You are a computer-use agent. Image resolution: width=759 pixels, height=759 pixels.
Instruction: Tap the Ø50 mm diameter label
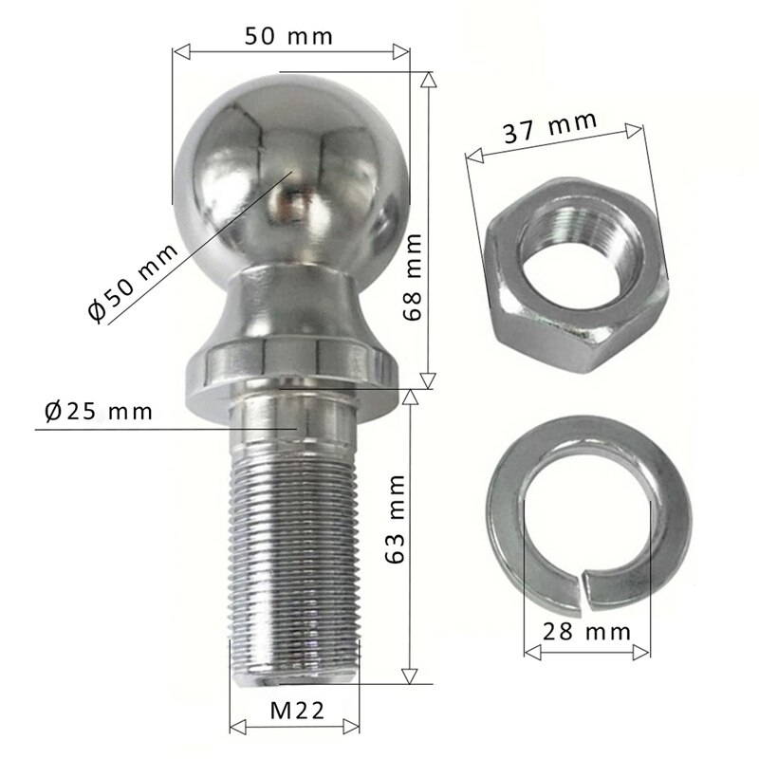(132, 282)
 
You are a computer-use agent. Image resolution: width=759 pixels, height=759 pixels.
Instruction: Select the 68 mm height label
(411, 286)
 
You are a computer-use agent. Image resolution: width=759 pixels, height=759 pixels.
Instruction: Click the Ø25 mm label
(98, 412)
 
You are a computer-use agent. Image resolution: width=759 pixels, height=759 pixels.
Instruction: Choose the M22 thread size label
(294, 709)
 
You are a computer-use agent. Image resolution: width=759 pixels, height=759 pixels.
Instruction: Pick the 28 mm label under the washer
(587, 630)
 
